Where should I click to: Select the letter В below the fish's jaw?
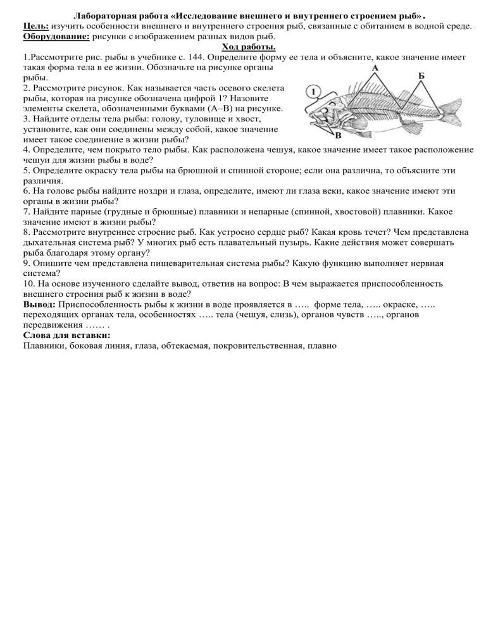coord(338,135)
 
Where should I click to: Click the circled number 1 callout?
coord(313,93)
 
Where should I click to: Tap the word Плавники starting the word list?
coord(45,346)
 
